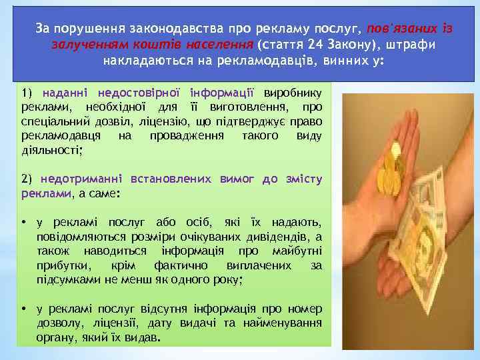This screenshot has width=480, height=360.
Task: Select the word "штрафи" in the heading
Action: (414, 45)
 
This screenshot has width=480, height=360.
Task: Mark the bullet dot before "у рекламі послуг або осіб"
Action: (23, 222)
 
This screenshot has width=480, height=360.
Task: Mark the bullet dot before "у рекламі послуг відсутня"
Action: (23, 309)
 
